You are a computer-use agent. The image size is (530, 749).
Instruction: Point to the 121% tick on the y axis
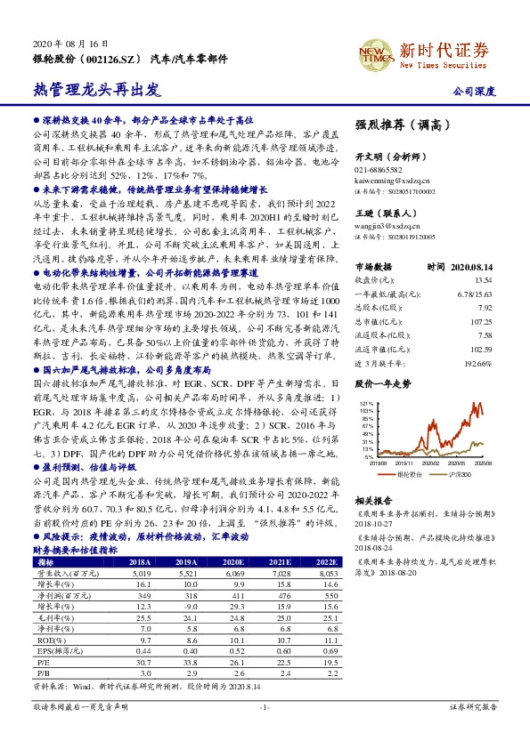[x=364, y=404]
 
